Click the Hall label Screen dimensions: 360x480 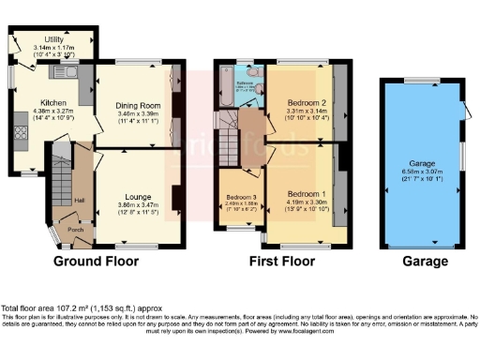(80, 201)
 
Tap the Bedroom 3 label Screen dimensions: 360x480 (242, 197)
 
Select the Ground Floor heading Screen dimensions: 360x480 (97, 261)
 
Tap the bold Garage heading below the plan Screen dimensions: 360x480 (424, 261)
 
